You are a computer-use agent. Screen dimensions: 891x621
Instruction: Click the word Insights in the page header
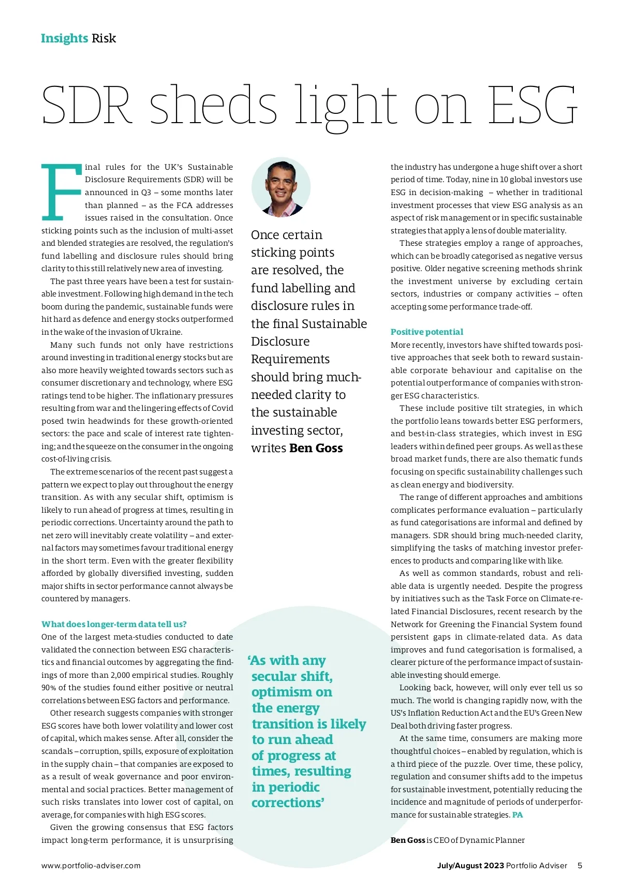64,38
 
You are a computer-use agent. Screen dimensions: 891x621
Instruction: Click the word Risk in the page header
104,38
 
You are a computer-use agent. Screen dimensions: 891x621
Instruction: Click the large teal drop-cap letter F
61,192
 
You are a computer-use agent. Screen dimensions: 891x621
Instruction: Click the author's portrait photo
281,187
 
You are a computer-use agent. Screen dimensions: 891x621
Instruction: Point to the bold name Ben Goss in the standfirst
316,448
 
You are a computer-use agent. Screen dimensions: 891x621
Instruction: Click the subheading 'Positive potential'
427,332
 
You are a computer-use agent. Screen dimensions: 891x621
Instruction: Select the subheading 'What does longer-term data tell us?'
114,624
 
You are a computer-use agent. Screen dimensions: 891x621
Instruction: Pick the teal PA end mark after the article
517,815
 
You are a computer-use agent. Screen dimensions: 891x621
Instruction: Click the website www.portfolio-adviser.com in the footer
91,866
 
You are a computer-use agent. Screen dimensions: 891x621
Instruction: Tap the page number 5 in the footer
580,866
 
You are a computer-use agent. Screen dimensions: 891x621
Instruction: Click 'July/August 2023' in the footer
470,866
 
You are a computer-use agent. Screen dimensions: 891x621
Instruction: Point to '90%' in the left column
49,688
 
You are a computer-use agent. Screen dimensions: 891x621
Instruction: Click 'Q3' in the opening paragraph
146,192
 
